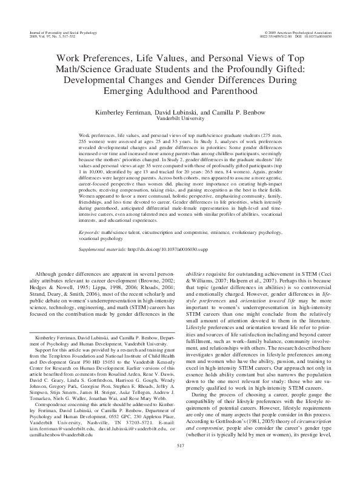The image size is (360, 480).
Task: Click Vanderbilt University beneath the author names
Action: click(180, 120)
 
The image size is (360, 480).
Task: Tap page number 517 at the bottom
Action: click(180, 463)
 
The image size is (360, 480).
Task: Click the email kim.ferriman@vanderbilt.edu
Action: click(59, 435)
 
